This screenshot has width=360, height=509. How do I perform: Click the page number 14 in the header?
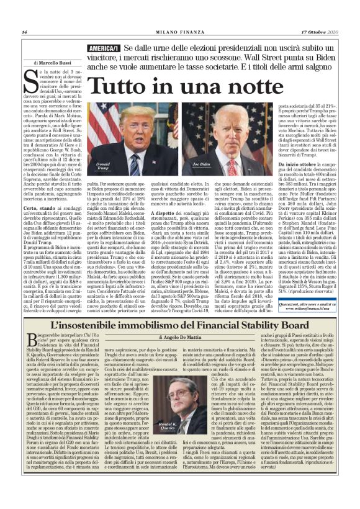[x=23, y=32]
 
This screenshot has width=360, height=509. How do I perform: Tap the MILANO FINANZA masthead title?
[x=180, y=32]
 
